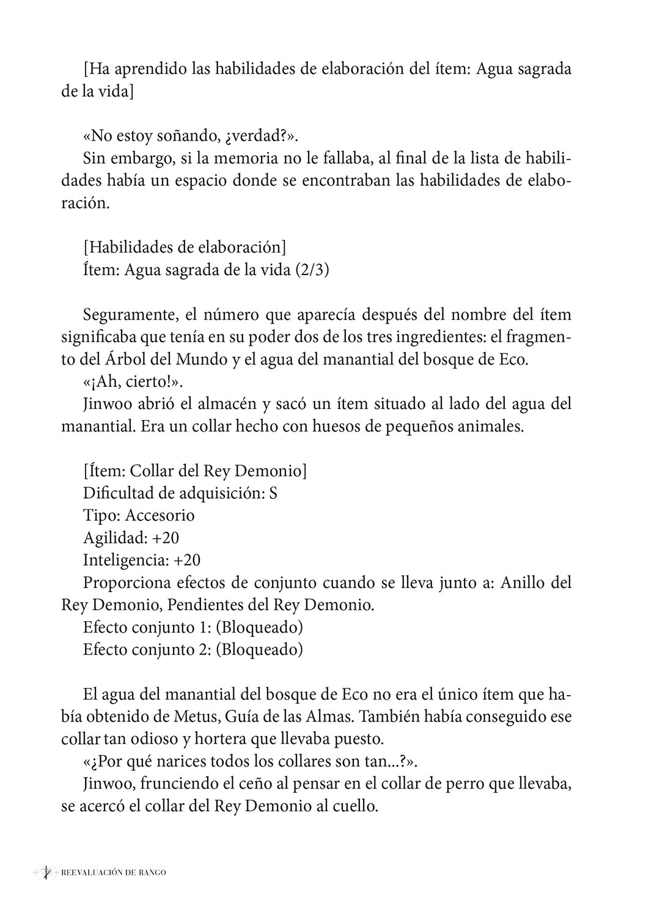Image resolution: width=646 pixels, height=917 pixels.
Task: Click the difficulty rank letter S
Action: pos(273,493)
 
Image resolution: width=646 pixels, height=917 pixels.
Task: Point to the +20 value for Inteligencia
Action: pos(187,560)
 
